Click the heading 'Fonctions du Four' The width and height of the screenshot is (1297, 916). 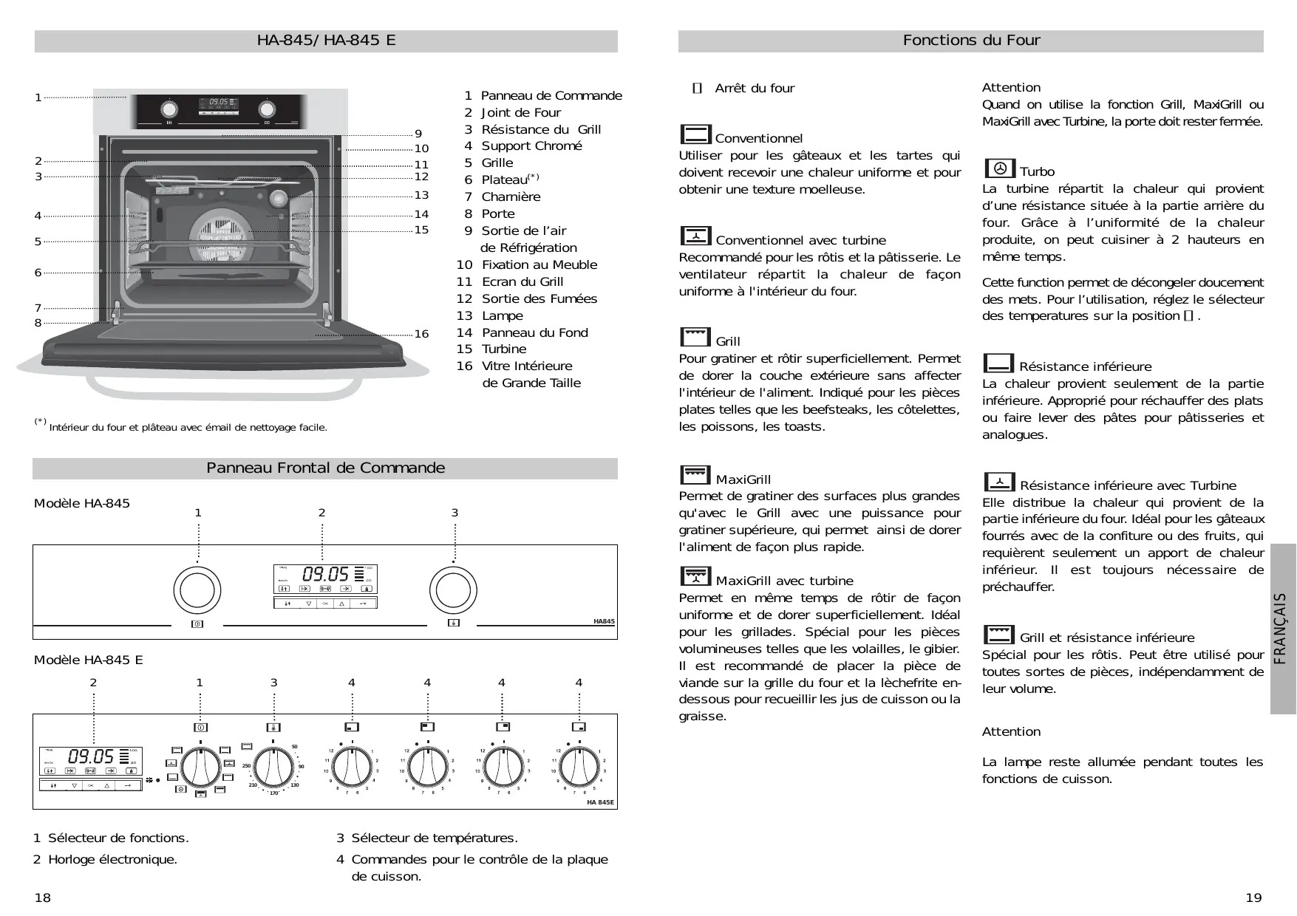pos(971,41)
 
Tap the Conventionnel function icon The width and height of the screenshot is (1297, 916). pos(695,134)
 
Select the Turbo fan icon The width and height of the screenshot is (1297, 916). pos(999,168)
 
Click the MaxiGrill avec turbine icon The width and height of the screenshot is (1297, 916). pos(695,576)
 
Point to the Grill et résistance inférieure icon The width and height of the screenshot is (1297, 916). pos(998,635)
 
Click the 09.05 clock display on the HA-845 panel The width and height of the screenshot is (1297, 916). pos(325,574)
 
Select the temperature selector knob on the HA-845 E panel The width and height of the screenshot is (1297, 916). pos(274,768)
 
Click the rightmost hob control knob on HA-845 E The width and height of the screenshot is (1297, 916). pos(579,768)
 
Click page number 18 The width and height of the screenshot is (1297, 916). pos(43,898)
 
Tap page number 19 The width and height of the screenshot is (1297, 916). pos(1253,898)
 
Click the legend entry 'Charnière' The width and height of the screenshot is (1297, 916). pos(511,196)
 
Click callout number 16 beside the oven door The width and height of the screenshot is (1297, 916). pos(421,334)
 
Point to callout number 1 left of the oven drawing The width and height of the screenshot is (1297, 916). pos(38,98)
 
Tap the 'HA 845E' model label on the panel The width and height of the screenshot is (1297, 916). pos(600,802)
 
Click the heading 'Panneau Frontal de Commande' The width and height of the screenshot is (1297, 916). pos(325,468)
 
